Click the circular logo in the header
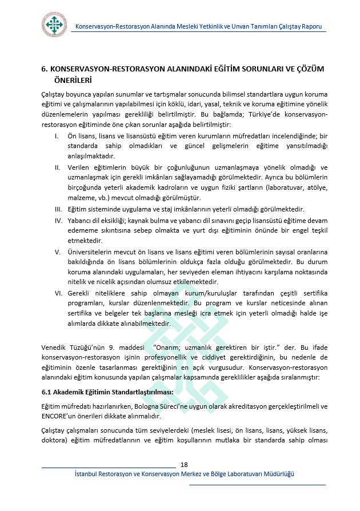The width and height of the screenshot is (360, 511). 54,25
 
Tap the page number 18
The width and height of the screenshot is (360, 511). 184,463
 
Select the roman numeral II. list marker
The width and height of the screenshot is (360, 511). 57,167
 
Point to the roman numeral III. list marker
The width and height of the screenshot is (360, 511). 58,209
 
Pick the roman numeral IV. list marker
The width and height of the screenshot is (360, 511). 58,219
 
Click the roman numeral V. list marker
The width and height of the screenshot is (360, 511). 57,251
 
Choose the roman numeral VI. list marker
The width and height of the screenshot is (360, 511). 58,292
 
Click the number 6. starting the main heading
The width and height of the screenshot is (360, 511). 45,69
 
